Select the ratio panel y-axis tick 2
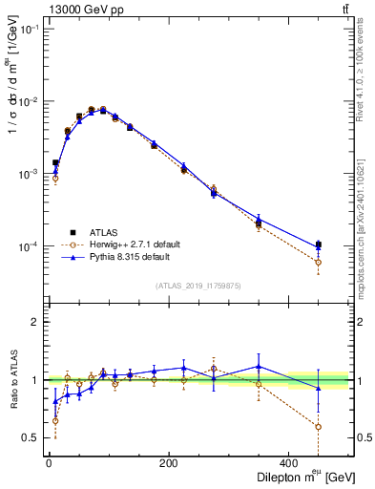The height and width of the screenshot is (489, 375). click(35, 322)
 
